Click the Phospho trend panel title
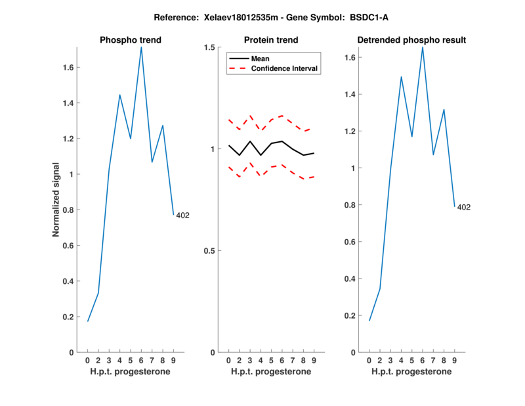pyautogui.click(x=131, y=40)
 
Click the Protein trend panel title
pyautogui.click(x=270, y=40)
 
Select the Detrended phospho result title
pyautogui.click(x=411, y=40)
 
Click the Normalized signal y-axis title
pyautogui.click(x=56, y=200)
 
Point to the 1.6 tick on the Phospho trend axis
pyautogui.click(x=70, y=67)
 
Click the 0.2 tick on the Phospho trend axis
pyautogui.click(x=70, y=317)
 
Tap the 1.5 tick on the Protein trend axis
pyautogui.click(x=210, y=47)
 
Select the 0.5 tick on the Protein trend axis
pyautogui.click(x=210, y=251)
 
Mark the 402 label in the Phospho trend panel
pyautogui.click(x=182, y=215)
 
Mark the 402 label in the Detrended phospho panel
pyautogui.click(x=464, y=208)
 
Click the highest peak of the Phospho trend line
pyautogui.click(x=141, y=47)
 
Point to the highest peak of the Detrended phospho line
pyautogui.click(x=423, y=47)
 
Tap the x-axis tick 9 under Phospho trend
pyautogui.click(x=173, y=360)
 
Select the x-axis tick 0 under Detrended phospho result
pyautogui.click(x=369, y=360)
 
